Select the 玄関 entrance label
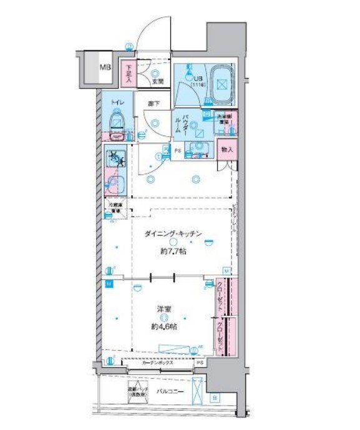[157, 81]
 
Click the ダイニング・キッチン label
[173, 233]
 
